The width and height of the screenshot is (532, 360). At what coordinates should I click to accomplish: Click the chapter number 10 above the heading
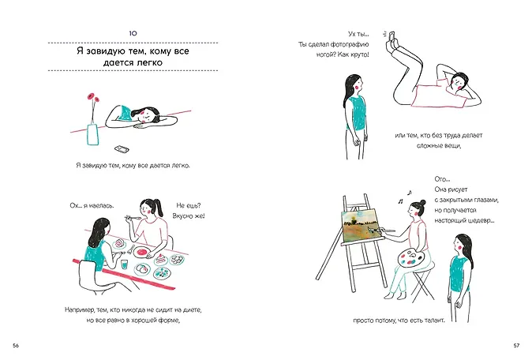[x=133, y=33]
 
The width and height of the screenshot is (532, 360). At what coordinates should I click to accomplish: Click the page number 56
[x=16, y=346]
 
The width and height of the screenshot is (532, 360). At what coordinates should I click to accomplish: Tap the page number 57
[x=516, y=346]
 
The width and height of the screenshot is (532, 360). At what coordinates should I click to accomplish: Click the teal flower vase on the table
[x=92, y=135]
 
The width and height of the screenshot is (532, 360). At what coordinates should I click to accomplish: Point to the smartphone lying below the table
[x=122, y=149]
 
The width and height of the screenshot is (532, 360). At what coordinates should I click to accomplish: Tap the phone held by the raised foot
[x=392, y=36]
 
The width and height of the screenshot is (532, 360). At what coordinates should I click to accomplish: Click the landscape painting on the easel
[x=359, y=225]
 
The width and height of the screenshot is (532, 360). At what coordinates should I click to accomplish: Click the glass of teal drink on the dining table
[x=125, y=264]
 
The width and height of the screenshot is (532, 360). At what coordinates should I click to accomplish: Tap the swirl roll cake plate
[x=119, y=244]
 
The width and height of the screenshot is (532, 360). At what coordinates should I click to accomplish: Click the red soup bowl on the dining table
[x=142, y=252]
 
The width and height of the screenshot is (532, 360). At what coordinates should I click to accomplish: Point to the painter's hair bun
[x=422, y=203]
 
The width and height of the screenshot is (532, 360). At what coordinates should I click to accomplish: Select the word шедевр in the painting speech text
[x=482, y=220]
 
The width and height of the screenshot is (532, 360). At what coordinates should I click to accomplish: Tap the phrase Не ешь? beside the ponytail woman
[x=189, y=205]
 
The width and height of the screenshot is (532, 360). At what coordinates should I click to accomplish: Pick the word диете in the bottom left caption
[x=193, y=309]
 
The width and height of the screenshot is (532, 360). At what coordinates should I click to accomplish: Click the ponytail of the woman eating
[x=158, y=207]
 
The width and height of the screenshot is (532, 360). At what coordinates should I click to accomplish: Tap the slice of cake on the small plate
[x=161, y=261]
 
